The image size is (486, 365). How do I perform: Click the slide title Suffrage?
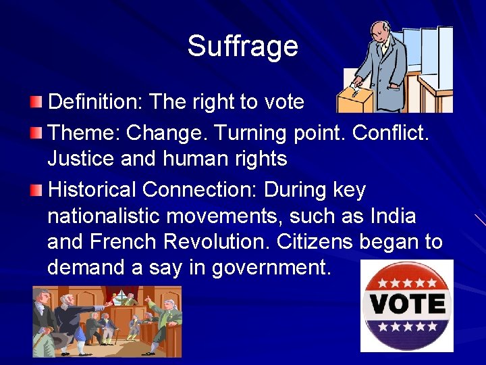242,46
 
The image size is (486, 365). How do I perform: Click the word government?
270,268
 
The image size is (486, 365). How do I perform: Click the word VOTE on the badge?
406,305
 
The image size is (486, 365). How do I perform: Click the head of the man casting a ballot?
379,31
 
